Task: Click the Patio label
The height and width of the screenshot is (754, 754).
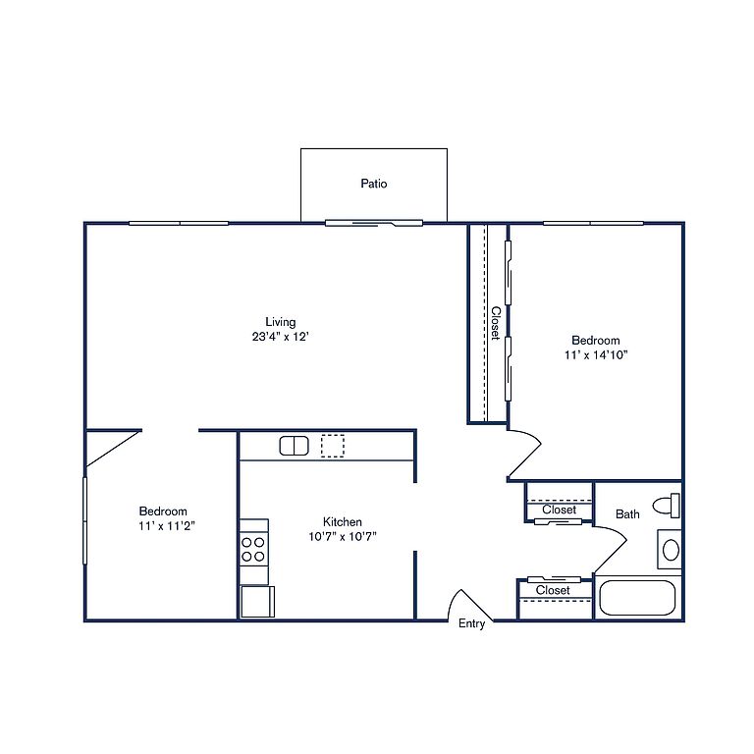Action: pyautogui.click(x=374, y=184)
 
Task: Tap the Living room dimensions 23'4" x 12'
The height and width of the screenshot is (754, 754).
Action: pyautogui.click(x=280, y=337)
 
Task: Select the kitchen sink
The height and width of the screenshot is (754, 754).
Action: pyautogui.click(x=294, y=446)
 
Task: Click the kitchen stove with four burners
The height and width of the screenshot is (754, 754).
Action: pyautogui.click(x=253, y=550)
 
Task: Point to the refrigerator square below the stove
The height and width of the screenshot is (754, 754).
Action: pyautogui.click(x=257, y=602)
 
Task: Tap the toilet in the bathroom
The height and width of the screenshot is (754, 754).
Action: pyautogui.click(x=667, y=506)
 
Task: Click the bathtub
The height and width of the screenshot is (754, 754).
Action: pyautogui.click(x=637, y=598)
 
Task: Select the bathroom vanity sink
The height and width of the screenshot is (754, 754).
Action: pyautogui.click(x=671, y=550)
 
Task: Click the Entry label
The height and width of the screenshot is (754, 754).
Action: pyautogui.click(x=471, y=623)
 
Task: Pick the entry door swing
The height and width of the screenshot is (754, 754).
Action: pyautogui.click(x=469, y=604)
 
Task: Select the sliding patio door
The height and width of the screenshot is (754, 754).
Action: pyautogui.click(x=374, y=223)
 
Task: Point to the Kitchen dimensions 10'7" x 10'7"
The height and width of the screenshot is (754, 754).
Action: pyautogui.click(x=343, y=536)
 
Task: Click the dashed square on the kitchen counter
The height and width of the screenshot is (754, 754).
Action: pyautogui.click(x=332, y=446)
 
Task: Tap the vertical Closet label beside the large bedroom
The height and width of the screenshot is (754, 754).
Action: pyautogui.click(x=496, y=323)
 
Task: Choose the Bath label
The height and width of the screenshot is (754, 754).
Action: pyautogui.click(x=627, y=514)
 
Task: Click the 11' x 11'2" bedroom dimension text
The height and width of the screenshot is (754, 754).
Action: pyautogui.click(x=166, y=525)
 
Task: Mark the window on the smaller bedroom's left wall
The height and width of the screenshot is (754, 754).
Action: pyautogui.click(x=84, y=520)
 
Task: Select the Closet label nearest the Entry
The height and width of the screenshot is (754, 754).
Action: pyautogui.click(x=553, y=590)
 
